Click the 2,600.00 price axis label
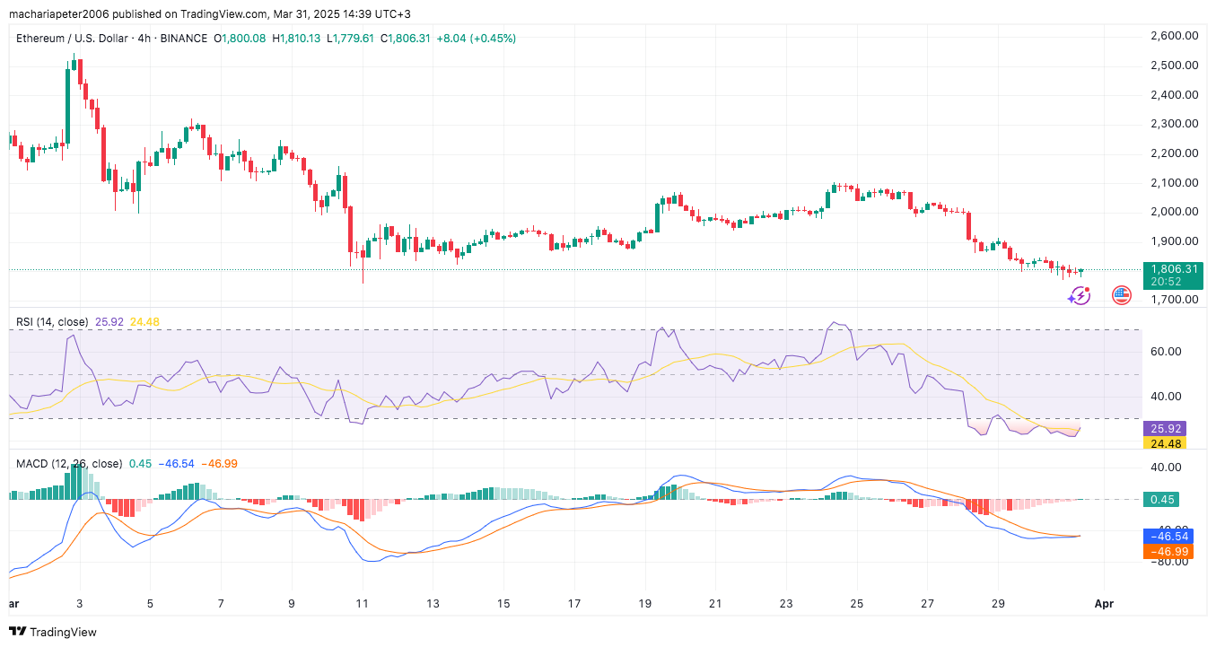(1175, 36)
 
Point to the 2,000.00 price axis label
(1175, 212)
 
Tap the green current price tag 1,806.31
(1173, 268)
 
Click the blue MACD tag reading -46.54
(1168, 537)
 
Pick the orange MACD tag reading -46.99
(1168, 552)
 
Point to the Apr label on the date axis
(1104, 604)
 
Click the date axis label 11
(362, 604)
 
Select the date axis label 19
(644, 604)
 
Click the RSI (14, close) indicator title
(51, 322)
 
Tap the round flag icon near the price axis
(1121, 294)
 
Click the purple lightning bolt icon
(1080, 294)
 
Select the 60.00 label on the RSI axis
(1168, 352)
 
